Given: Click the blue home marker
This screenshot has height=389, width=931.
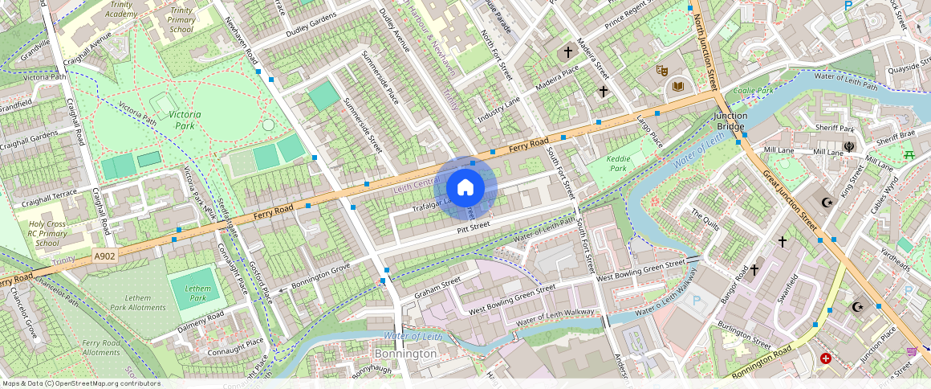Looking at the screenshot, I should click(x=465, y=188).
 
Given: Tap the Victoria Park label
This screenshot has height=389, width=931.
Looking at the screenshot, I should click(x=185, y=121).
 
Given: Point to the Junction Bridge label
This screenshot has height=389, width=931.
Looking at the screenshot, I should click(x=730, y=121).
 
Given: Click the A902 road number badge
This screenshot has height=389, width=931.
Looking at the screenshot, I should click(x=104, y=256).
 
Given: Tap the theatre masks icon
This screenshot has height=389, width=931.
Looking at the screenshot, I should click(x=662, y=71).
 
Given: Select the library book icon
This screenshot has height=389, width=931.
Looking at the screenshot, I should click(x=678, y=86).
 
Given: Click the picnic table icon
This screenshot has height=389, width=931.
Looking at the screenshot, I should click(x=909, y=154).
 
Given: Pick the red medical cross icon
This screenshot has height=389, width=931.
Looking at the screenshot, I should click(x=826, y=358).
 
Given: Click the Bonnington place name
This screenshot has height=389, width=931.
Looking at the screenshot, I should click(x=406, y=354).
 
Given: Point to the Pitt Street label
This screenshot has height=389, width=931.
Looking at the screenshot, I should click(x=474, y=229).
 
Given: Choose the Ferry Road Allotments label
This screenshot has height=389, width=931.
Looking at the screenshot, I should click(x=101, y=348).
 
